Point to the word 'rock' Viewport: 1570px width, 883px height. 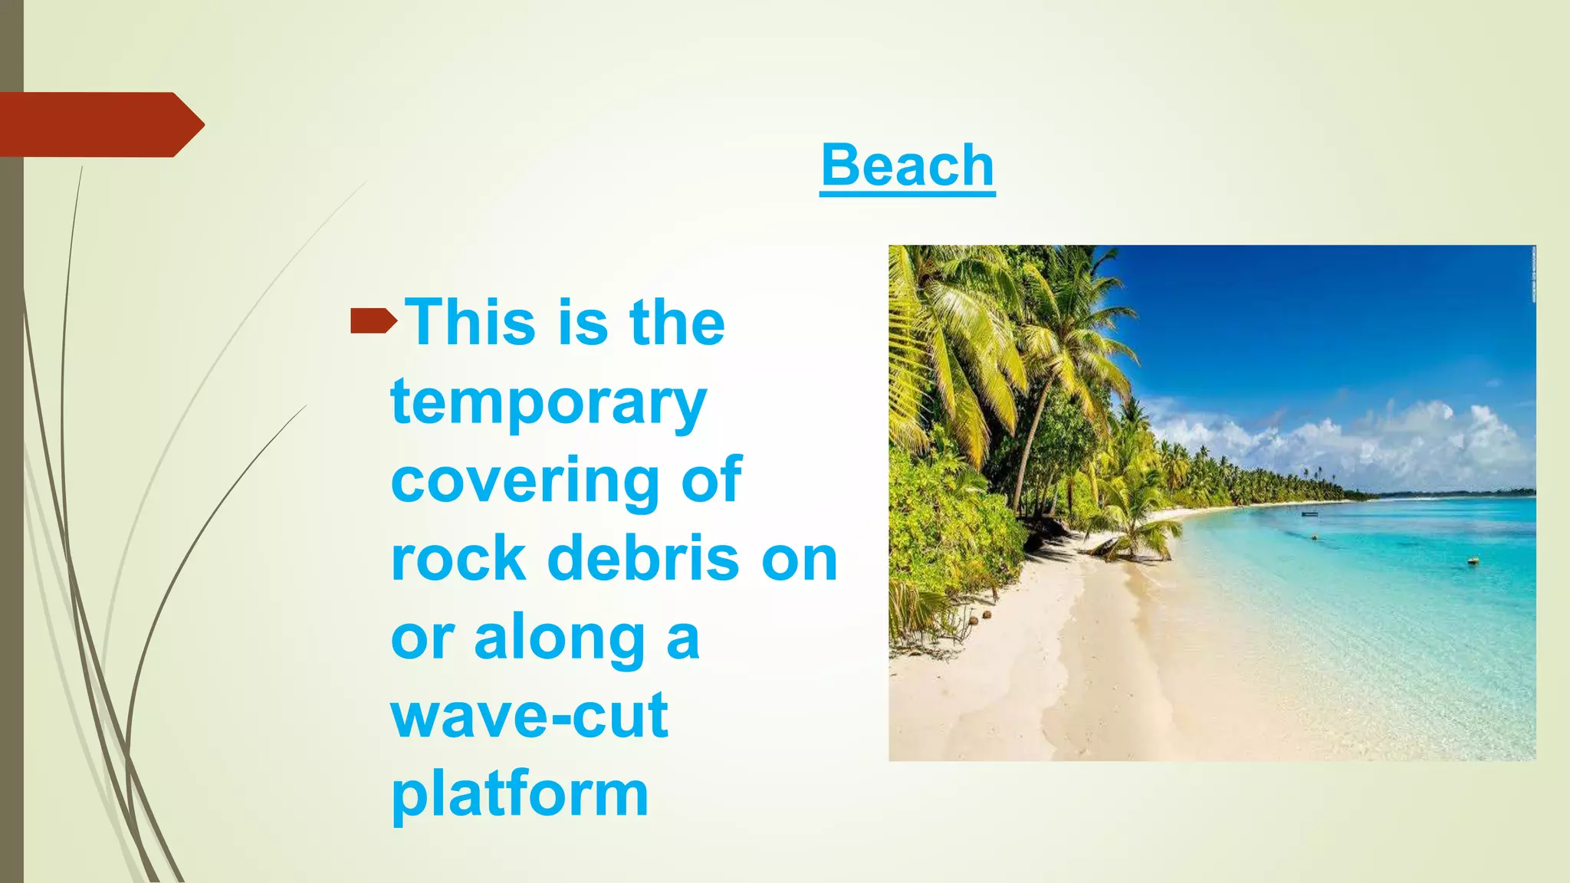[458, 559]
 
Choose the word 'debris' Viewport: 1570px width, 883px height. [642, 559]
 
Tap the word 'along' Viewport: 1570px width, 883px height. [560, 638]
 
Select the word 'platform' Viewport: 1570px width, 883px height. [520, 796]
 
